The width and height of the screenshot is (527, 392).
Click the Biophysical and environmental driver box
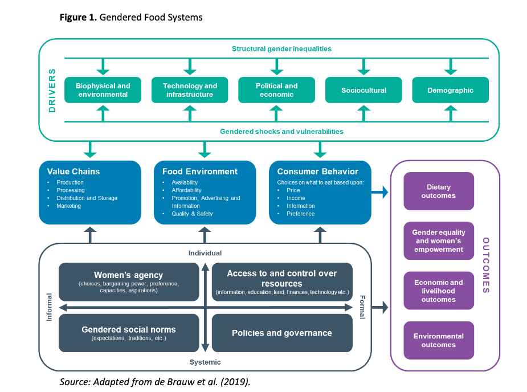pyautogui.click(x=103, y=90)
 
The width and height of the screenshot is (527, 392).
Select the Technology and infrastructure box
pyautogui.click(x=190, y=90)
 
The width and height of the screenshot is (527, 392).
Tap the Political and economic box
pyautogui.click(x=277, y=90)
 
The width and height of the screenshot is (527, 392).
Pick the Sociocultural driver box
pyautogui.click(x=363, y=90)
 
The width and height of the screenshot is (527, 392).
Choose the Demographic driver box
pyautogui.click(x=450, y=90)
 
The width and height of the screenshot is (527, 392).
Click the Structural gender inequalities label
pyautogui.click(x=281, y=49)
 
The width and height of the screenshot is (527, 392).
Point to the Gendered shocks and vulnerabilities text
pyautogui.click(x=281, y=132)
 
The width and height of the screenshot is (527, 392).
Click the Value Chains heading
pyautogui.click(x=73, y=171)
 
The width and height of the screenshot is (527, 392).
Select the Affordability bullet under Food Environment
pyautogui.click(x=187, y=190)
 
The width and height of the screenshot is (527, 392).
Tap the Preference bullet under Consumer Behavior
pyautogui.click(x=301, y=214)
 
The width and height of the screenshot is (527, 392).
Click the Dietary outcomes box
pyautogui.click(x=439, y=191)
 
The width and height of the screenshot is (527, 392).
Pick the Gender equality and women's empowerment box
pyautogui.click(x=439, y=241)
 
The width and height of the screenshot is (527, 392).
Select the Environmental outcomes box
pyautogui.click(x=439, y=341)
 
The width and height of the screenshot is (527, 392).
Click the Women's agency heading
pyautogui.click(x=128, y=275)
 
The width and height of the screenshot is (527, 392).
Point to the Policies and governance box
pyautogui.click(x=281, y=333)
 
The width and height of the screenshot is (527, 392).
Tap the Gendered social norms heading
pyautogui.click(x=128, y=329)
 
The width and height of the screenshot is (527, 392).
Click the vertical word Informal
pyautogui.click(x=49, y=307)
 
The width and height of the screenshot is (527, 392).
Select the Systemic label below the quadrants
pyautogui.click(x=205, y=362)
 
